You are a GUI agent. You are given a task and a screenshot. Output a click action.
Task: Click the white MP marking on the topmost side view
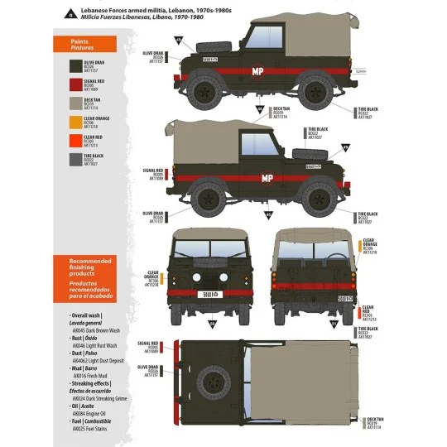[x=259, y=72]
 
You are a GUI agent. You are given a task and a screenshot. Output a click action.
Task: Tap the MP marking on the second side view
[x=267, y=178]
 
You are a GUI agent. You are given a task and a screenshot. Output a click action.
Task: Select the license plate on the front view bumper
[x=207, y=296]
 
